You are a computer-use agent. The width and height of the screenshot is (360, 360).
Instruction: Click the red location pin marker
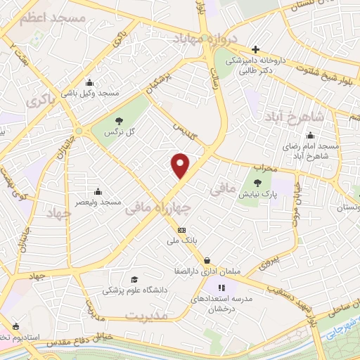click(181, 165)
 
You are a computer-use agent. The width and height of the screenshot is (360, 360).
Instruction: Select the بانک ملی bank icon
click(182, 230)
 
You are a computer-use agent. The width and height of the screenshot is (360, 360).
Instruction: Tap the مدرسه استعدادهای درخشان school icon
click(221, 287)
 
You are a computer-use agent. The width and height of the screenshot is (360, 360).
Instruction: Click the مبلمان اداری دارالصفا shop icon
click(206, 259)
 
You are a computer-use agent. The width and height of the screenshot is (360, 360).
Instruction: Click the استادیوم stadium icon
click(16, 326)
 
